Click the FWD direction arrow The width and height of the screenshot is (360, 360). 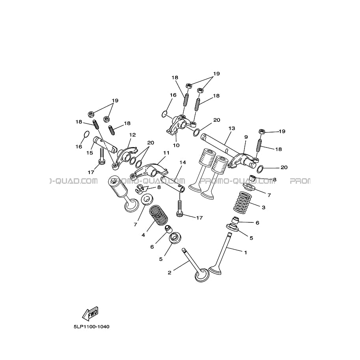click(x=90, y=313)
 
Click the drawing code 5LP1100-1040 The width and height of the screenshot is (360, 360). click(x=91, y=327)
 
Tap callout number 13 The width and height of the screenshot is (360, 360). click(x=232, y=128)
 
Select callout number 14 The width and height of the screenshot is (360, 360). click(x=183, y=162)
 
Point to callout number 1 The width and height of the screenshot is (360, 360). click(x=245, y=252)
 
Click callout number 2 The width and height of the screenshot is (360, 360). click(x=170, y=273)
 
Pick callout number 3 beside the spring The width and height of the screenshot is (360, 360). click(x=263, y=207)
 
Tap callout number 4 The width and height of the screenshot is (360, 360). click(x=143, y=235)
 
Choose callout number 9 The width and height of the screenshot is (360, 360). click(x=246, y=137)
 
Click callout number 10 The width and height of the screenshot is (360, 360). click(x=176, y=145)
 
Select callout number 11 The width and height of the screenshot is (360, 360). click(x=166, y=153)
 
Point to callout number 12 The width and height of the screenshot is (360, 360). click(x=132, y=134)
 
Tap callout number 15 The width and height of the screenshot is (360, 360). click(x=90, y=153)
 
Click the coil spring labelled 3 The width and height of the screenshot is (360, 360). click(x=242, y=201)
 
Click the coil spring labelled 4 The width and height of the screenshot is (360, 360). click(x=159, y=215)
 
